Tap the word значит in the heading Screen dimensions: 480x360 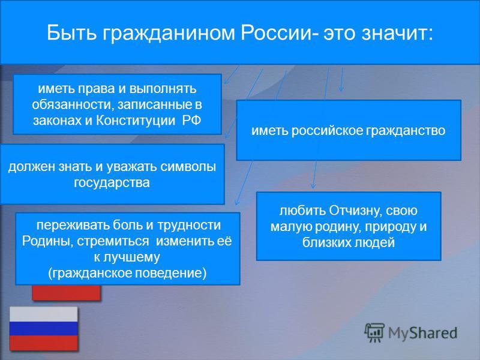click(397, 33)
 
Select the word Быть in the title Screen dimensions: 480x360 click(72, 32)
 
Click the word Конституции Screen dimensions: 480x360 click(136, 121)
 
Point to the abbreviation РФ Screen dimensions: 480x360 click(191, 120)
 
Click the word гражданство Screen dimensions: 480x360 click(406, 131)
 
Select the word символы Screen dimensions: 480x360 click(188, 167)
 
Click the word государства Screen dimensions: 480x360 click(112, 183)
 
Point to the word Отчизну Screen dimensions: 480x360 click(355, 211)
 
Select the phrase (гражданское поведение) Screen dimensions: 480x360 click(127, 273)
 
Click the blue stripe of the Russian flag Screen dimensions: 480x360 click(43, 328)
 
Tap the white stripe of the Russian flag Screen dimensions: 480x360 click(43, 314)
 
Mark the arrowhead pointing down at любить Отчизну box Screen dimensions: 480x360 click(313, 185)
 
